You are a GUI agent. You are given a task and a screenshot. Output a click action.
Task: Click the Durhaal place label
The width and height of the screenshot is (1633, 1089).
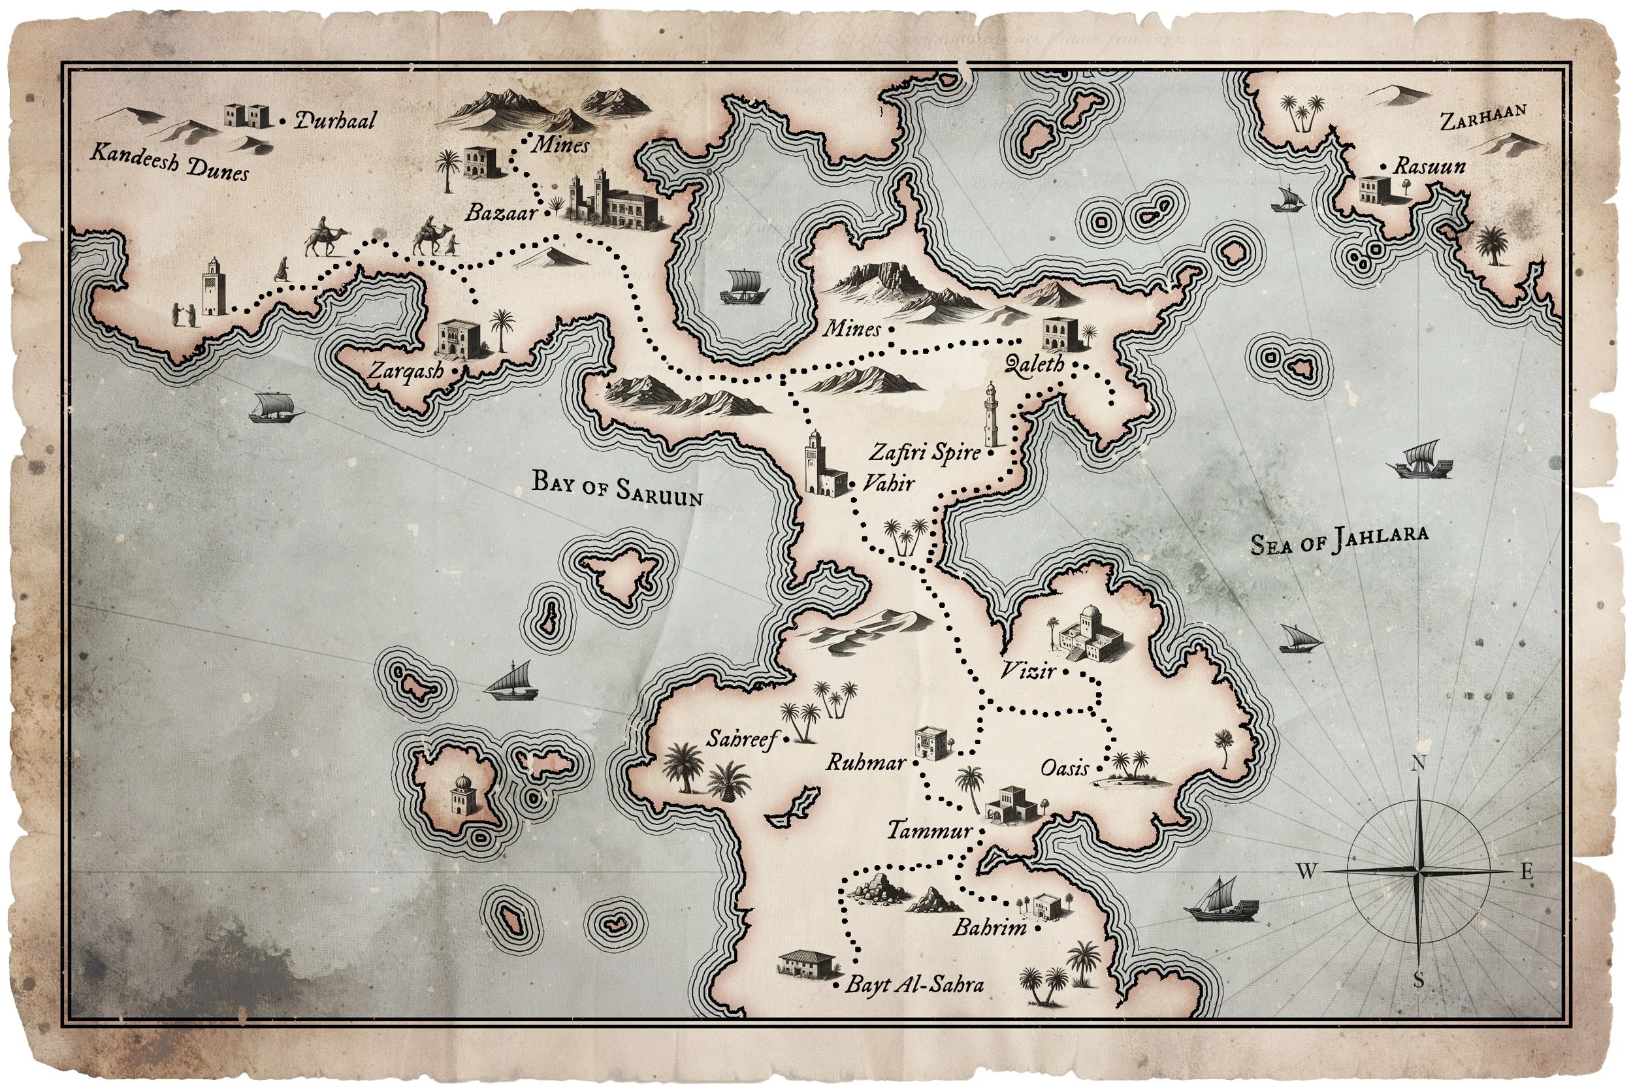click(x=335, y=121)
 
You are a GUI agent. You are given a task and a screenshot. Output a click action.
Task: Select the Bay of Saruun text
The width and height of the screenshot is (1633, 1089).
click(x=617, y=488)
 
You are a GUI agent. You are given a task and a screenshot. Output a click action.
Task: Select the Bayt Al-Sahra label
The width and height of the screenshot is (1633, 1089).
click(x=914, y=984)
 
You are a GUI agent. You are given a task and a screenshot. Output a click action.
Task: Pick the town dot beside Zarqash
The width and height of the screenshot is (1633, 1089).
click(x=455, y=371)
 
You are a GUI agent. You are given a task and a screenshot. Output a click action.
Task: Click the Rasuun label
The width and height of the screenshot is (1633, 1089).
click(x=1430, y=167)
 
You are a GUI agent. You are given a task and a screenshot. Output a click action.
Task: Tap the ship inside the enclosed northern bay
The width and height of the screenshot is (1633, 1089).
click(x=743, y=287)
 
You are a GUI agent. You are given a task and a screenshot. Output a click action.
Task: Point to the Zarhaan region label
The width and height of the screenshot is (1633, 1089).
click(x=1482, y=119)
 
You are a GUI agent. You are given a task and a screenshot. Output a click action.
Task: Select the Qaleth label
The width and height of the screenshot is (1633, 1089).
click(x=1035, y=363)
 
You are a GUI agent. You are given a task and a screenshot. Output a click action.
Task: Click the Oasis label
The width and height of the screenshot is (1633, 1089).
click(x=1063, y=768)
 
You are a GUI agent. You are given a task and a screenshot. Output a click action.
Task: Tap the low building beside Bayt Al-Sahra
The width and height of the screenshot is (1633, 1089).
click(x=805, y=965)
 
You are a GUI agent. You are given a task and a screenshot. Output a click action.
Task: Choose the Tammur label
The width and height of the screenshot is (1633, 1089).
click(x=929, y=830)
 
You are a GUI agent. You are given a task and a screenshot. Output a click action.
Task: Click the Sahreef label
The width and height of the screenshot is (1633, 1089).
click(x=741, y=740)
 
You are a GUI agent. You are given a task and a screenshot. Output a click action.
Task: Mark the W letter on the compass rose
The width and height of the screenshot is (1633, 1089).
click(x=1306, y=871)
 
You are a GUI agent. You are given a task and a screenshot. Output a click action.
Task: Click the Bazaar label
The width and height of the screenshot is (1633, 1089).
click(x=500, y=212)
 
